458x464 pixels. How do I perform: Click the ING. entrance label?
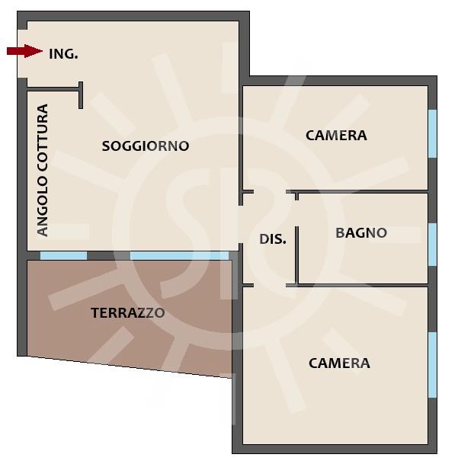pyautogui.click(x=63, y=54)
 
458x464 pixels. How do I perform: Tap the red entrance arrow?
pyautogui.click(x=24, y=51)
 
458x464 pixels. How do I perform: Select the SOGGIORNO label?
pyautogui.click(x=146, y=146)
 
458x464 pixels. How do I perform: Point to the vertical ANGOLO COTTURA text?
pyautogui.click(x=43, y=170)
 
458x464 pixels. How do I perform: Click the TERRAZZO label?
pyautogui.click(x=127, y=313)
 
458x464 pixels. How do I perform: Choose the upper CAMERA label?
pyautogui.click(x=336, y=136)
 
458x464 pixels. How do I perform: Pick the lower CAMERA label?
pyautogui.click(x=339, y=363)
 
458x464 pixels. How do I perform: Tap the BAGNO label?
pyautogui.click(x=361, y=233)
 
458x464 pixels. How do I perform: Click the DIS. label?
pyautogui.click(x=273, y=239)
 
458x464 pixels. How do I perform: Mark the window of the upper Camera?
pyautogui.click(x=433, y=134)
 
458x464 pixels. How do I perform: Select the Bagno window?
pyautogui.click(x=433, y=245)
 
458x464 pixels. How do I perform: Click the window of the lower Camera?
pyautogui.click(x=433, y=365)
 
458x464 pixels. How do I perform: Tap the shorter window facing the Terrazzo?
pyautogui.click(x=64, y=256)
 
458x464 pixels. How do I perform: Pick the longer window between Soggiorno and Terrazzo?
pyautogui.click(x=179, y=256)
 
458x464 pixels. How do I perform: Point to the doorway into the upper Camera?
pyautogui.click(x=270, y=192)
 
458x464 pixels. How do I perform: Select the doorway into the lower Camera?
pyautogui.click(x=270, y=285)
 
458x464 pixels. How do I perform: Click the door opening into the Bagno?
pyautogui.click(x=296, y=213)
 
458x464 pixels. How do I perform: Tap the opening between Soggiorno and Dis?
pyautogui.click(x=241, y=224)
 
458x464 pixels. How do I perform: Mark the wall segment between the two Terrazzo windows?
pyautogui.click(x=109, y=256)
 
